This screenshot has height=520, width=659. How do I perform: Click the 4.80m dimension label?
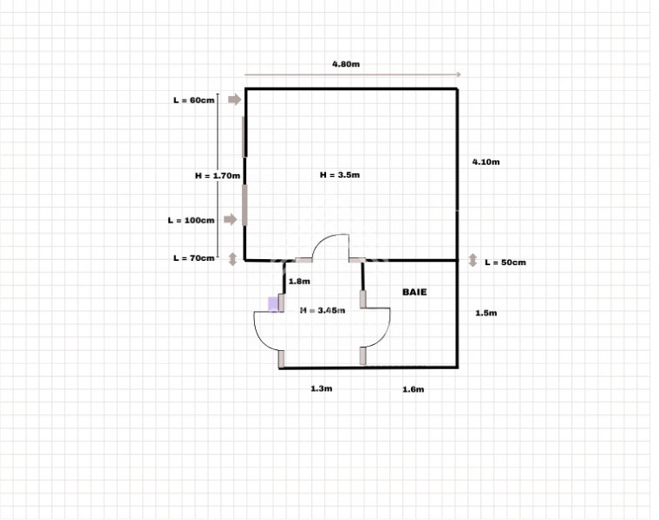[x=347, y=64]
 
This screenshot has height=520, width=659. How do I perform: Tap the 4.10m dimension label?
[x=486, y=162]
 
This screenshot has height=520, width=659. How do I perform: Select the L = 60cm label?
[x=193, y=101]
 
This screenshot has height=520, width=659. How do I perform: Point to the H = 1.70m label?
[x=217, y=175]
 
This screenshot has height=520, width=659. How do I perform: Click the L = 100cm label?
[x=191, y=220]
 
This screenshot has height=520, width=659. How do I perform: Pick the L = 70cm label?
[x=193, y=258]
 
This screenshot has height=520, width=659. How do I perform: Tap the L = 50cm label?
[x=506, y=262]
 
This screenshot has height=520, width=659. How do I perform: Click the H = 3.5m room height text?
[x=340, y=175]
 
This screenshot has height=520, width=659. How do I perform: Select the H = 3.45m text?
[x=323, y=309]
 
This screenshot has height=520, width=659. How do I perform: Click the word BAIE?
[x=414, y=292]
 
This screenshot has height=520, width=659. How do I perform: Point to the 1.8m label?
[x=299, y=282]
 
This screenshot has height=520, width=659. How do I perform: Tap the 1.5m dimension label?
[x=486, y=314]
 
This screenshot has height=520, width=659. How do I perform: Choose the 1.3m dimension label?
[x=322, y=389]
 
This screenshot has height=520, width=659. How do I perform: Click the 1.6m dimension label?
[x=413, y=390]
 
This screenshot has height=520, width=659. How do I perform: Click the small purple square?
[x=273, y=303]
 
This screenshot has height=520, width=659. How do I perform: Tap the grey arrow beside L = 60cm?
[x=234, y=101]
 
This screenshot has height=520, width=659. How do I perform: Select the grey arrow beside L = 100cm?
[x=232, y=220]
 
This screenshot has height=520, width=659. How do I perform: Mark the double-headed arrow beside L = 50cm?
[x=473, y=260]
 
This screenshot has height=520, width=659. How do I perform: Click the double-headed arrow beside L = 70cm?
[x=232, y=258]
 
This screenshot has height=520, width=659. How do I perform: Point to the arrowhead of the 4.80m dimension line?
[x=457, y=75]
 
